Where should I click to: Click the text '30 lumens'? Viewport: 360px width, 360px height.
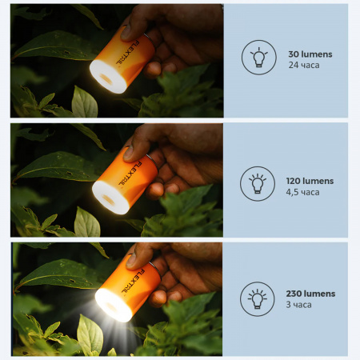(310, 54)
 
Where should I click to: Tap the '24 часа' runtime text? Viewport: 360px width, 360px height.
(304, 65)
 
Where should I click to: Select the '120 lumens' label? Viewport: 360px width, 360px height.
(310, 181)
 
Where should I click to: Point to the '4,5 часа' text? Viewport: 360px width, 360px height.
(302, 192)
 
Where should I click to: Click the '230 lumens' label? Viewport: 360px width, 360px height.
(310, 294)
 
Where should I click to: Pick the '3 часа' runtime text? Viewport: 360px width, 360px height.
(298, 305)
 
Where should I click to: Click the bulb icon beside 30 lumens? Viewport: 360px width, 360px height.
(258, 58)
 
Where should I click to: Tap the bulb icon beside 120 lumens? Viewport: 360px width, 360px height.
(258, 184)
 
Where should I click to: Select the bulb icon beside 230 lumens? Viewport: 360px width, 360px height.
(257, 299)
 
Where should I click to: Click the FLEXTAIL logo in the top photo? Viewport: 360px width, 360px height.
(127, 53)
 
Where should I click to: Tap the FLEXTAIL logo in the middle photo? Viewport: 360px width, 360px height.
(130, 174)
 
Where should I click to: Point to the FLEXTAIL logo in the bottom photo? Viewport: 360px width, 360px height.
(133, 282)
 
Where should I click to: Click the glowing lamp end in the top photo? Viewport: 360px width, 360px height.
(108, 77)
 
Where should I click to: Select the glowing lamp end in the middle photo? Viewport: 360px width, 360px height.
(110, 198)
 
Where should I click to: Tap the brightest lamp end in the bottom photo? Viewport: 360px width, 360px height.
(114, 305)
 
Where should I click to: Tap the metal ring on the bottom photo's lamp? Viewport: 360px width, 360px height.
(155, 270)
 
